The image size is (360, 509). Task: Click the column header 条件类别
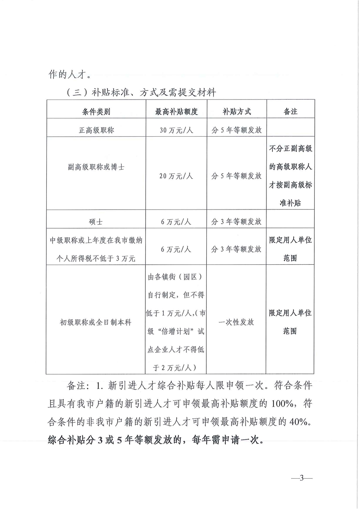[x=96, y=112]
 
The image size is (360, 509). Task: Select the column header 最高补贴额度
[x=176, y=112]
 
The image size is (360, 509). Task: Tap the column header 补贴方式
[x=236, y=112]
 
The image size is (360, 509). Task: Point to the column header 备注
[x=290, y=112]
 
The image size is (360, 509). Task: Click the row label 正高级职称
[x=96, y=130]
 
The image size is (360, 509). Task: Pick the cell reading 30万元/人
[x=176, y=130]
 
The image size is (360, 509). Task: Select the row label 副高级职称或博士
[x=96, y=167]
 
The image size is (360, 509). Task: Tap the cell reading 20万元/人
[x=176, y=176]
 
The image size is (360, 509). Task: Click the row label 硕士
[x=96, y=222]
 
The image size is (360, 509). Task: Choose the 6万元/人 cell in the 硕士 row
[x=176, y=222]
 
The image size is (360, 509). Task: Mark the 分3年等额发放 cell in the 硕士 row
[x=236, y=222]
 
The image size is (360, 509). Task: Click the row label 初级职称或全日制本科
[x=96, y=322]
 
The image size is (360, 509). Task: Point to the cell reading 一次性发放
[x=236, y=322]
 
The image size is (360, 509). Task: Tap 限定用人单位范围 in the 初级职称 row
[x=290, y=322]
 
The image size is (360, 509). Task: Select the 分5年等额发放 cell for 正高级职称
[x=236, y=130]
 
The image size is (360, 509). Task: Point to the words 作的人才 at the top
[x=68, y=74]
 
